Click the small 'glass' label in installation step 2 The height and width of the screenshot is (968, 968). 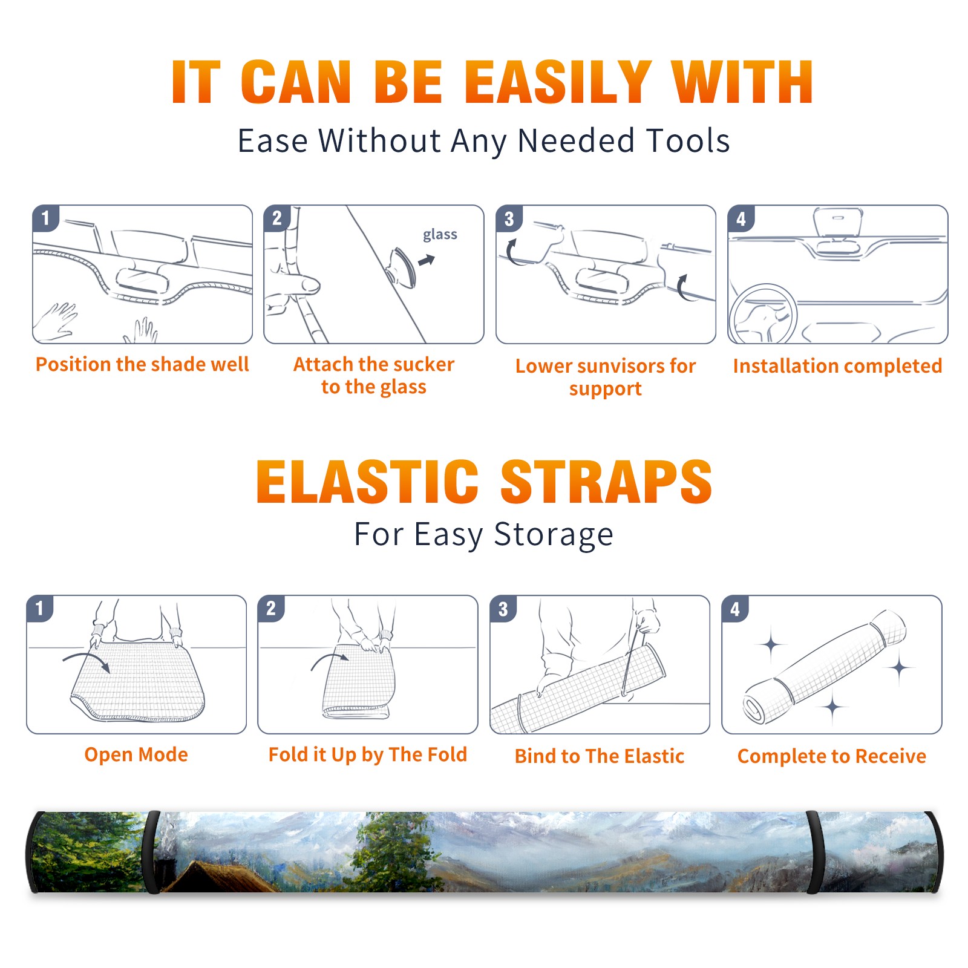point(440,235)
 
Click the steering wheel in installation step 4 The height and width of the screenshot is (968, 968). point(762,314)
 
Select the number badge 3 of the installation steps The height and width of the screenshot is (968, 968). point(509,218)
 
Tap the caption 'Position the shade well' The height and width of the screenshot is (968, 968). point(142,364)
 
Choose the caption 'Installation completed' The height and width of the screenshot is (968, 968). point(837,366)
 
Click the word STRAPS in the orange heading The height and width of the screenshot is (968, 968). point(606,482)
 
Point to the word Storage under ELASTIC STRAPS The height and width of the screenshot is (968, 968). point(554,535)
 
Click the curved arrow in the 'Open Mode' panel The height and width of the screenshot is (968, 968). point(87,659)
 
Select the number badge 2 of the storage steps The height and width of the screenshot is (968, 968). point(270,608)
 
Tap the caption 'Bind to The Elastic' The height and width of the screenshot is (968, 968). point(600,756)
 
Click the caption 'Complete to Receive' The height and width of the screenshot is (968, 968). point(832,756)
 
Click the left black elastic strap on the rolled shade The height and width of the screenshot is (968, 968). point(152,852)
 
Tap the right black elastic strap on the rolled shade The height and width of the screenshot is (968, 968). point(814,852)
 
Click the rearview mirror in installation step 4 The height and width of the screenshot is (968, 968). point(837,223)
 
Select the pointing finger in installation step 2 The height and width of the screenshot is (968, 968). point(296,284)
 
